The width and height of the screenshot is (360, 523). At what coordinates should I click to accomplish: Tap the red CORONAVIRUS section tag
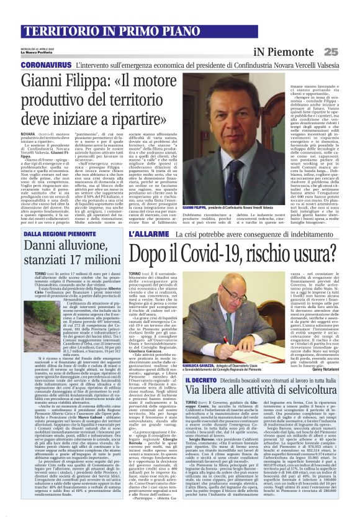pos(45,65)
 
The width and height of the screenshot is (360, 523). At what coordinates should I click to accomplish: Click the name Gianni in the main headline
pos(49,80)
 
